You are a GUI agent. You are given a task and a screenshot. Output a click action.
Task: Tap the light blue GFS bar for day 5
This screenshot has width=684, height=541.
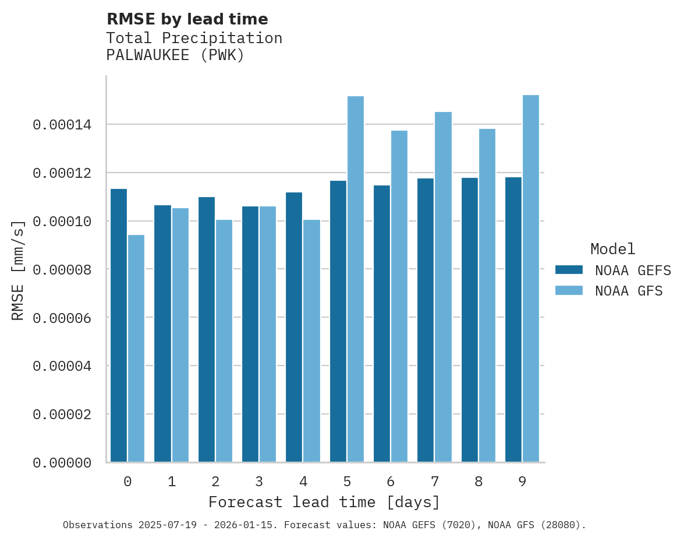356,279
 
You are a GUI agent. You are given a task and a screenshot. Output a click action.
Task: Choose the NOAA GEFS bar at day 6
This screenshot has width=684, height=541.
382,324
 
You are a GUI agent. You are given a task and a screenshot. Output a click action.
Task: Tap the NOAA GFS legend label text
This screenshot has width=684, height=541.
629,291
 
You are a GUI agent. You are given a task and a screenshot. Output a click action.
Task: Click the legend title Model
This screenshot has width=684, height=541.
612,249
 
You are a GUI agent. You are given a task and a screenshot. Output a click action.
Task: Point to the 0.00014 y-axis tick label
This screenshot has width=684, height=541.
62,125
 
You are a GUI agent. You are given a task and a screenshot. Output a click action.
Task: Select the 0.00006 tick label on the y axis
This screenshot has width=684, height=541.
62,318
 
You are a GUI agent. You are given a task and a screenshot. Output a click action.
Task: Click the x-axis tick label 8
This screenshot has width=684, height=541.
479,482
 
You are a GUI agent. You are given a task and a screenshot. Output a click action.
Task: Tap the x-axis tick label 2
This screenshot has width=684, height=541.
215,482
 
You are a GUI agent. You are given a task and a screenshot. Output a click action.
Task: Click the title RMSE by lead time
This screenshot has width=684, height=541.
187,19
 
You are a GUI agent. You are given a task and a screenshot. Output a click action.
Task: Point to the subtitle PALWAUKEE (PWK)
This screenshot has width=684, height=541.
175,55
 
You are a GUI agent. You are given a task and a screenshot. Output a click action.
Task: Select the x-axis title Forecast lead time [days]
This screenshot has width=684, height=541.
324,502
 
